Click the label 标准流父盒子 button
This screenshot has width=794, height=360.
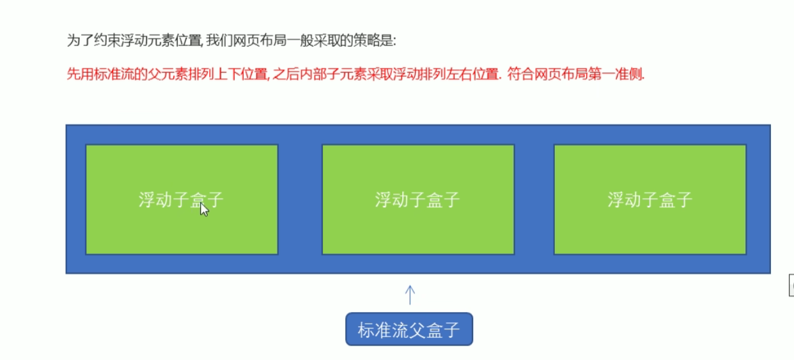click(x=409, y=330)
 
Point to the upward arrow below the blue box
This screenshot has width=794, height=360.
click(x=410, y=295)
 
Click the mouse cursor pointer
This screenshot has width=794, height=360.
click(x=204, y=209)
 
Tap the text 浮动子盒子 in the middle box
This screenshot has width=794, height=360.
click(x=417, y=200)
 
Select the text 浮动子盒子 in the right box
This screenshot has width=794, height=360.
click(x=650, y=200)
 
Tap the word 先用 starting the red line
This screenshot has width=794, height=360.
click(x=77, y=74)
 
